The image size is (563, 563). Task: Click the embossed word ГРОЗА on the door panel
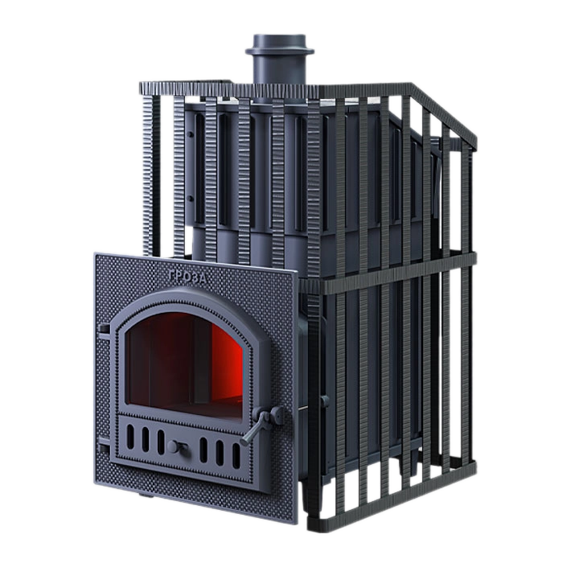(x=187, y=277)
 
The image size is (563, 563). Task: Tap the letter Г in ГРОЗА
(x=172, y=275)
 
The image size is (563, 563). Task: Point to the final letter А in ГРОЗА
(x=203, y=279)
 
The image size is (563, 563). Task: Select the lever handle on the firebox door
(x=261, y=424)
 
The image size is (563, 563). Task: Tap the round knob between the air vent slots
(x=175, y=447)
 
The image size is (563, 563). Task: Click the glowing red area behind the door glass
(x=227, y=363)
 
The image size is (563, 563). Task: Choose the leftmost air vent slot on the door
(x=130, y=437)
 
